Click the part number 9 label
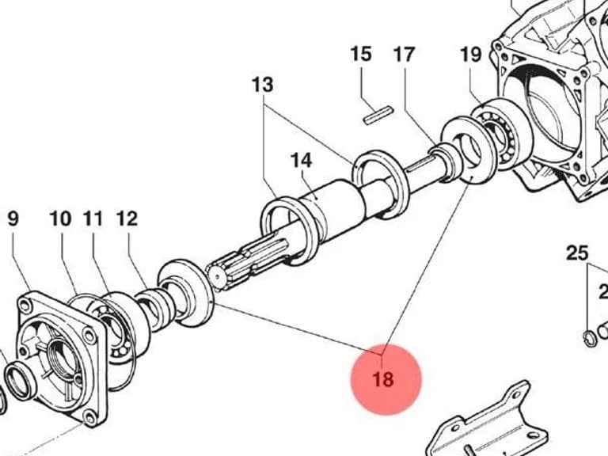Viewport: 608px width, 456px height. [x=13, y=218]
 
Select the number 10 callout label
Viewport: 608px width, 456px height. [x=60, y=218]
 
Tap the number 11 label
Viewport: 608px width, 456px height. [x=93, y=218]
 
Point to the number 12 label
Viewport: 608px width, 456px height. [x=127, y=218]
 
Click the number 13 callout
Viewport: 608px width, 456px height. [x=263, y=85]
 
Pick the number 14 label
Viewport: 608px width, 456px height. [x=302, y=160]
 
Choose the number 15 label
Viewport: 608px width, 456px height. [x=361, y=54]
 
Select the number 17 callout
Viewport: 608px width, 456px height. [x=405, y=55]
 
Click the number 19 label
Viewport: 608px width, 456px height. [x=471, y=55]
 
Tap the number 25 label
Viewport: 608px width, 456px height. [x=577, y=253]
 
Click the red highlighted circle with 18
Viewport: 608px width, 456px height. [x=386, y=379]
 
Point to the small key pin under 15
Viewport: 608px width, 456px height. [x=378, y=116]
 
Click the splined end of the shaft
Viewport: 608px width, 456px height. [x=247, y=264]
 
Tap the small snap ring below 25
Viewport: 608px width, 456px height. [x=589, y=337]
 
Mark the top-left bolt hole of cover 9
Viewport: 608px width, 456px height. [x=25, y=306]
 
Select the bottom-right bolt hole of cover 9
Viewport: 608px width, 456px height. [x=90, y=419]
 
